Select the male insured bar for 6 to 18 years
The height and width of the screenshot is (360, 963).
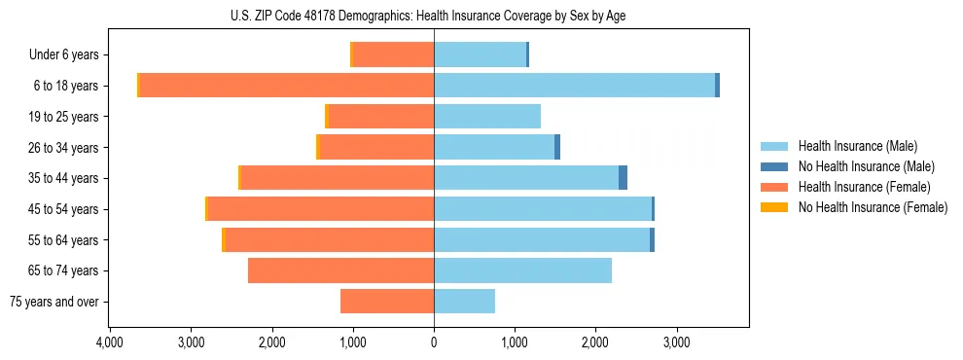574,86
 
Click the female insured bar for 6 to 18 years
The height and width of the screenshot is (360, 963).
287,86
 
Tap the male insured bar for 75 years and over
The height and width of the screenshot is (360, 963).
464,302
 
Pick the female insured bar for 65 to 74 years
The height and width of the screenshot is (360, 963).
340,270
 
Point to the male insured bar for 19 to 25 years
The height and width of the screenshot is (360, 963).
486,117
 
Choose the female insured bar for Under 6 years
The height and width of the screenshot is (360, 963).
393,54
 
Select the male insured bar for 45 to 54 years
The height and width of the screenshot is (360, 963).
542,209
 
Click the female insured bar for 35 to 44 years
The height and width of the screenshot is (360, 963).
337,178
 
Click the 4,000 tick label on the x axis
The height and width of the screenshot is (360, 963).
110,342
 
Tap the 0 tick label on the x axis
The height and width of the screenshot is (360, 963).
434,342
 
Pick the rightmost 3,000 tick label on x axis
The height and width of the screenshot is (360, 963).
676,342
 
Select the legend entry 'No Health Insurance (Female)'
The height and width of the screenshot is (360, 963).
873,207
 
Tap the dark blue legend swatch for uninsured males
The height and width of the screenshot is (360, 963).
774,166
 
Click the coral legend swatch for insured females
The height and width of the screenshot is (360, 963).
774,187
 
